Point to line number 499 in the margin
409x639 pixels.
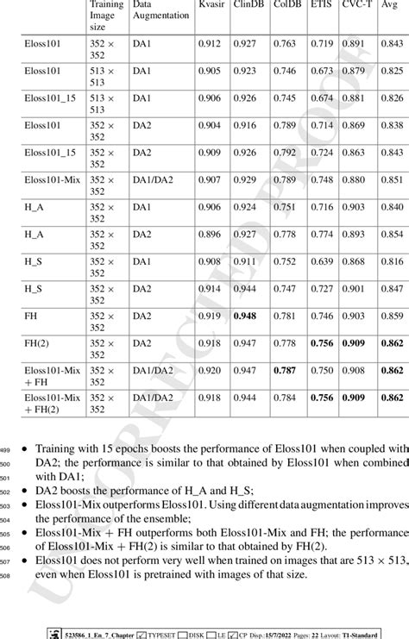8,449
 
